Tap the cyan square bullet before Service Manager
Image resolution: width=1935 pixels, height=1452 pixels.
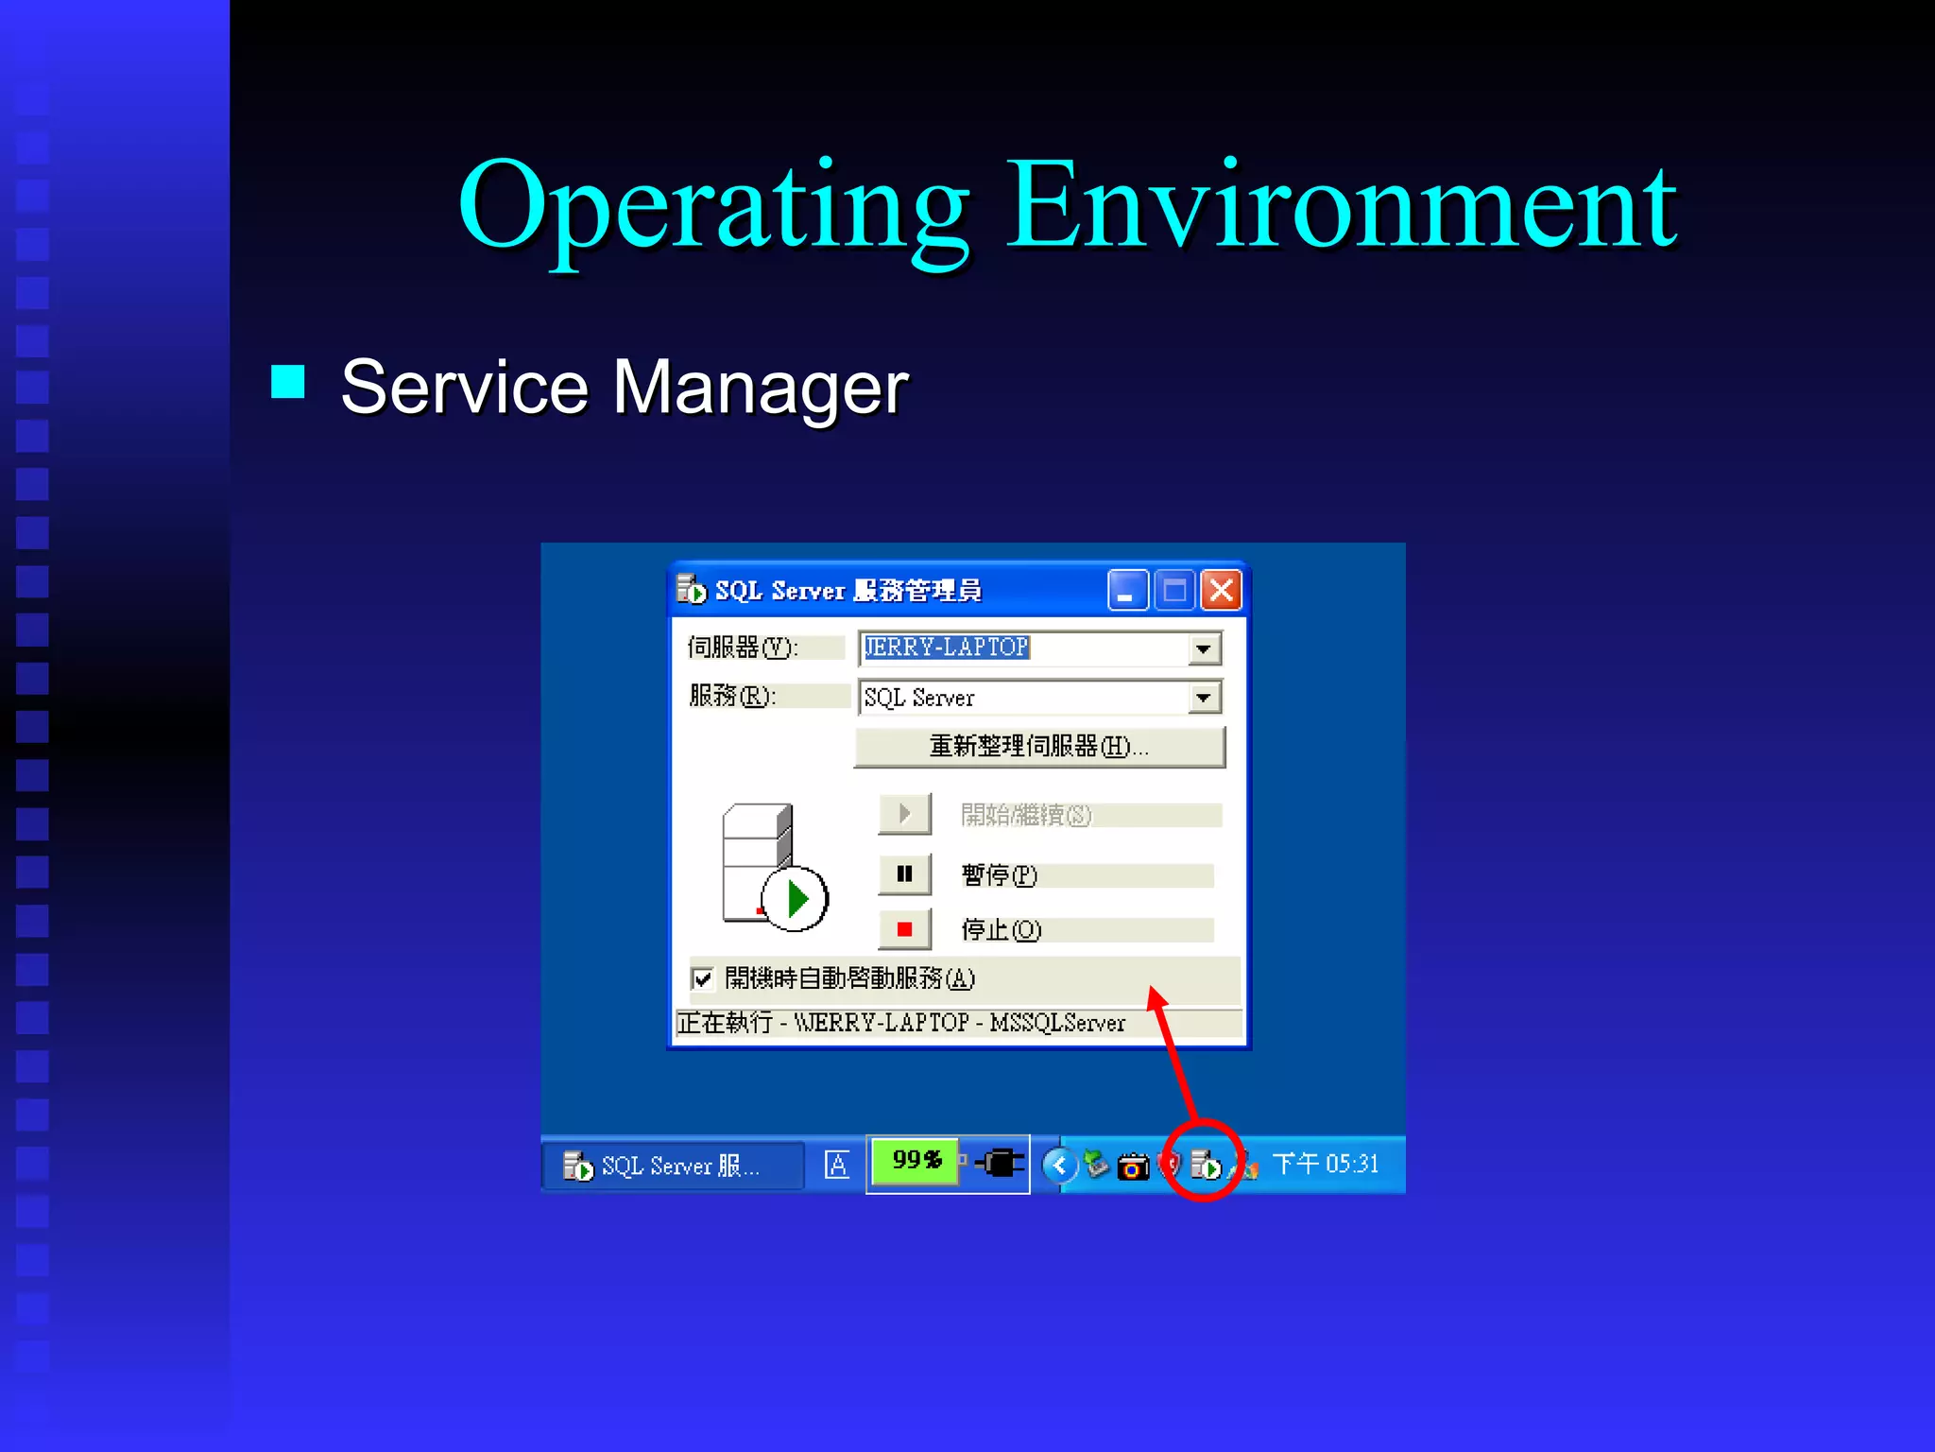point(288,382)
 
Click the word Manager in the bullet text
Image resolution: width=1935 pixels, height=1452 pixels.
point(760,388)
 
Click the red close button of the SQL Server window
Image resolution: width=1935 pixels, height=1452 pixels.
point(1221,591)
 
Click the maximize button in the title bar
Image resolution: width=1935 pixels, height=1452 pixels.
point(1174,591)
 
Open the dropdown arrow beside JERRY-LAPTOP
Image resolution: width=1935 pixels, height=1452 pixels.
point(1203,648)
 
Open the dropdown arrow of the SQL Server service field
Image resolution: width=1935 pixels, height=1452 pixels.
point(1203,698)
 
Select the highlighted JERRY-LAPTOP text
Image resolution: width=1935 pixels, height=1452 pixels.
point(946,648)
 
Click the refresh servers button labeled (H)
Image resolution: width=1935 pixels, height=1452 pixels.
point(1039,747)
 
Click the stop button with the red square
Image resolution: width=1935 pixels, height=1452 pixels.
point(904,929)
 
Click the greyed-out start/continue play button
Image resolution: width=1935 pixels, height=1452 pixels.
point(904,814)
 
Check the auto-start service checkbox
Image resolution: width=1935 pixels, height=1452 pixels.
point(702,978)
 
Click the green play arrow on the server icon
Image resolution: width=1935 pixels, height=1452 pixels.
point(796,898)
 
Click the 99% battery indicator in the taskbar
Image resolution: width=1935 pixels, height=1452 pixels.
point(915,1161)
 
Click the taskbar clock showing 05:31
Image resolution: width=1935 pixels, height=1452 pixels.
point(1325,1164)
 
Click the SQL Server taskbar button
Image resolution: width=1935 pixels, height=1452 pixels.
point(672,1166)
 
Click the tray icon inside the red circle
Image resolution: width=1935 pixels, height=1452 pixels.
point(1205,1165)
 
